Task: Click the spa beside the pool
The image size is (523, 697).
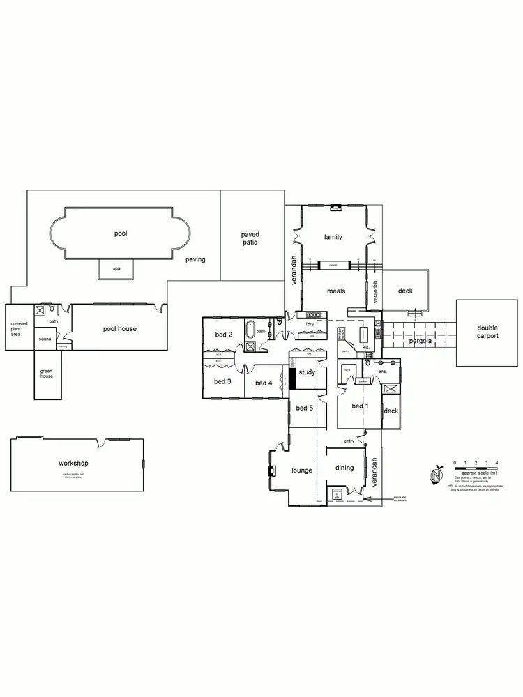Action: (x=115, y=268)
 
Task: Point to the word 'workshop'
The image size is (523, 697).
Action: (x=74, y=463)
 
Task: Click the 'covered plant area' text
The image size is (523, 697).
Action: (x=19, y=328)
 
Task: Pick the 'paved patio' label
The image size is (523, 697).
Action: (x=250, y=239)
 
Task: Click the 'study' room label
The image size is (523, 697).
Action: (x=307, y=372)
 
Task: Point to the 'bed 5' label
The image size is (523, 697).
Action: (x=305, y=408)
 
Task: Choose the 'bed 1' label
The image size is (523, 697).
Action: (x=359, y=406)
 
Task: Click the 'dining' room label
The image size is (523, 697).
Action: (x=344, y=468)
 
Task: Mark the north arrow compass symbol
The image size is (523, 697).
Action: (x=437, y=475)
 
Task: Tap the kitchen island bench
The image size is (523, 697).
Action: (x=364, y=337)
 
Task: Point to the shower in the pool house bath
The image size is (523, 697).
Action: (x=40, y=309)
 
